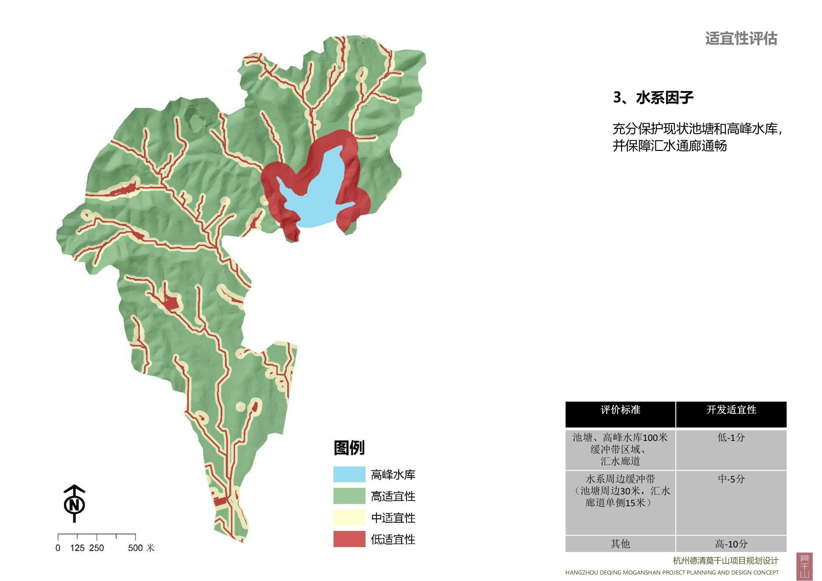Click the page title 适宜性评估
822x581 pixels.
point(741,39)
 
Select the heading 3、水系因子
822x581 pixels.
point(653,98)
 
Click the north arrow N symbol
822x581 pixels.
point(74,505)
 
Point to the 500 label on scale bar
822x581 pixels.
point(135,548)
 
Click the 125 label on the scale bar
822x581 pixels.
point(77,548)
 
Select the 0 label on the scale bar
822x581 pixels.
point(58,548)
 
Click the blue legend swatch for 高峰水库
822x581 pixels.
point(349,474)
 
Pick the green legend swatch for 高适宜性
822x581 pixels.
point(349,496)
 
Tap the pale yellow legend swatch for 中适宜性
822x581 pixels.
point(349,518)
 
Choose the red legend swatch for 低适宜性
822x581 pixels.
point(349,539)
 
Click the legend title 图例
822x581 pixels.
point(349,448)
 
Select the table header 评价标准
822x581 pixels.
point(620,410)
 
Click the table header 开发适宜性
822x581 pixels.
point(731,410)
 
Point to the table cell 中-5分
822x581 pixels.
point(731,479)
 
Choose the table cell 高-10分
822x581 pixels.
point(731,544)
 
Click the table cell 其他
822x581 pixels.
point(620,544)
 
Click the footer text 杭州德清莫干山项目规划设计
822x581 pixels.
point(725,561)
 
